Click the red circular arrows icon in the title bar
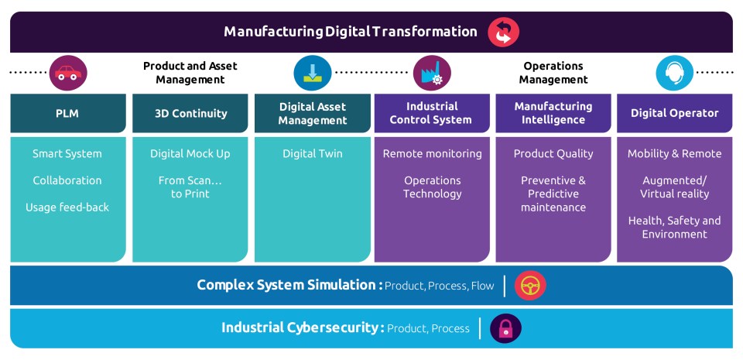coord(503,33)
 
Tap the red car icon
coord(68,73)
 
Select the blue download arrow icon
coord(312,73)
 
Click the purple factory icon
coord(432,73)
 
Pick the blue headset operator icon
coord(675,73)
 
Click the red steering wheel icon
coord(530,286)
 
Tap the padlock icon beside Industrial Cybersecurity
coord(505,328)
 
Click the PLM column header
coord(68,113)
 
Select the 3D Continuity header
coord(190,113)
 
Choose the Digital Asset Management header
coord(312,113)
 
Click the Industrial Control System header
coord(432,113)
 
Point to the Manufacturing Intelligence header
coord(553,113)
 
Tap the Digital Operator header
coord(675,113)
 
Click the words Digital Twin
coord(312,153)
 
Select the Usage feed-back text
coord(68,207)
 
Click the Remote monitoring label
coord(432,153)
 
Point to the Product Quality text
coord(553,153)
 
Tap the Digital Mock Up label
coord(190,153)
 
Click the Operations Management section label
coord(553,73)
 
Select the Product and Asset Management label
coord(190,73)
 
